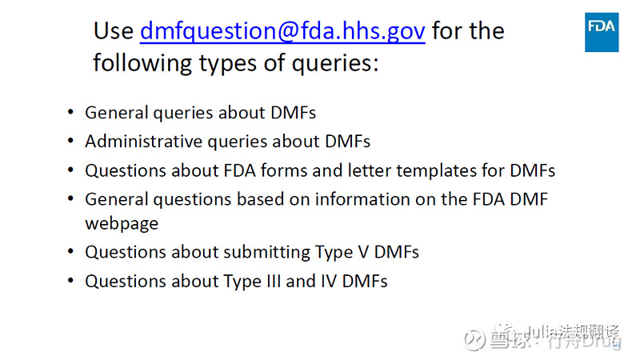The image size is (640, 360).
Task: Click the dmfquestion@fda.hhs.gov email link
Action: click(282, 31)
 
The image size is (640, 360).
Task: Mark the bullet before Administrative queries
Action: click(72, 142)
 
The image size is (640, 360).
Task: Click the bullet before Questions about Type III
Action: click(72, 282)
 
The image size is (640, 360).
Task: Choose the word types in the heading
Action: click(235, 64)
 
